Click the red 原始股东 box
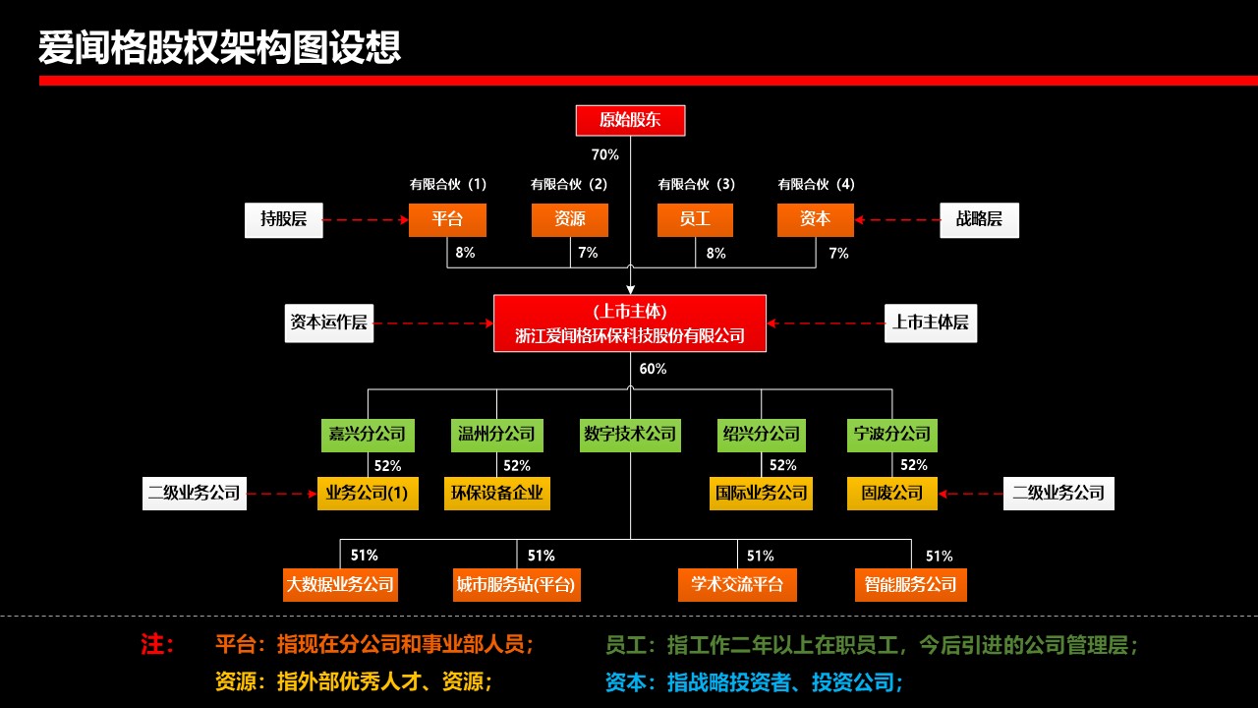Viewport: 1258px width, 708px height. click(x=630, y=120)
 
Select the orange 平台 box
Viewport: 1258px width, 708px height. click(x=447, y=219)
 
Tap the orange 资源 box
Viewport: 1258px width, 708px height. click(x=570, y=219)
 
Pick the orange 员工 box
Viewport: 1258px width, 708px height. click(x=695, y=219)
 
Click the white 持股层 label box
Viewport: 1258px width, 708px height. click(x=283, y=219)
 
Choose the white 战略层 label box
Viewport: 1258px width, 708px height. click(x=979, y=219)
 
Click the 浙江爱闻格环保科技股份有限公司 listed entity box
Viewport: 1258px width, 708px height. click(x=630, y=323)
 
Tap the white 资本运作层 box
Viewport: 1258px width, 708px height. click(x=329, y=322)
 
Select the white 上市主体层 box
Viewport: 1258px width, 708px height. click(x=931, y=322)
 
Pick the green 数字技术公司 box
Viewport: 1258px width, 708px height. click(x=630, y=434)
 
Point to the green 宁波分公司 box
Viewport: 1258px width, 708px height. click(x=890, y=434)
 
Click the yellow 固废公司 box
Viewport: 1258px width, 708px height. click(x=892, y=493)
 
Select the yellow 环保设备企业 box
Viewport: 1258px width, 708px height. click(x=496, y=493)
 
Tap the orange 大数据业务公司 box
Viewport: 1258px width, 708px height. click(x=340, y=584)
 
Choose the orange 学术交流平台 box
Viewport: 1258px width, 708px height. click(x=737, y=584)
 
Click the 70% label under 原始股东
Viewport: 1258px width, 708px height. click(x=605, y=154)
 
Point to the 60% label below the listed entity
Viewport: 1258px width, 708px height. click(x=653, y=369)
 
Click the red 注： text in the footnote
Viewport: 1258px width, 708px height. click(x=157, y=645)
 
